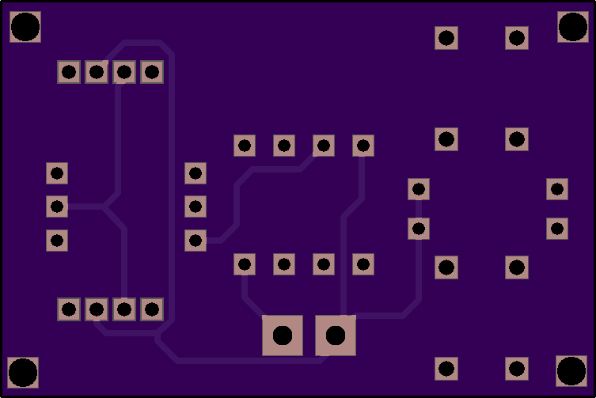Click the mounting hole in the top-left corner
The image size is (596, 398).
25,27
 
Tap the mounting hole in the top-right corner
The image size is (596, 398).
572,27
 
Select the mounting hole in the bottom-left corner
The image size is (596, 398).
23,372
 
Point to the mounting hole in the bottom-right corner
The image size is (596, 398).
571,370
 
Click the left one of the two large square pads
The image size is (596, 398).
283,335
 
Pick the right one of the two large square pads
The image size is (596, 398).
336,335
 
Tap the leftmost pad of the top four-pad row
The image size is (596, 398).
69,72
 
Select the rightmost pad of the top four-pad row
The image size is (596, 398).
152,72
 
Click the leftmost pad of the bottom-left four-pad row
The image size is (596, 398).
69,309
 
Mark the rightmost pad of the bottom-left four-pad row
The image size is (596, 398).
152,309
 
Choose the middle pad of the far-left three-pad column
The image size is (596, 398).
57,207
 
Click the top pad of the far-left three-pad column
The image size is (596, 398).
57,173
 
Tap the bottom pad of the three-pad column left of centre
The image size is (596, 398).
196,241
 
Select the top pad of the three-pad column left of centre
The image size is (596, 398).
196,173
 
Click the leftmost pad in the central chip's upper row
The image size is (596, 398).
245,146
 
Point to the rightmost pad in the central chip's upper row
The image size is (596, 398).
363,146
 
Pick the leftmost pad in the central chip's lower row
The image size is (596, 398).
245,264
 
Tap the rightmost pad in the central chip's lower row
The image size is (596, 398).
363,264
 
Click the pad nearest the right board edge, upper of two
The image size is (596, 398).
557,189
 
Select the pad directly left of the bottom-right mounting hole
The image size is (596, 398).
517,369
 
